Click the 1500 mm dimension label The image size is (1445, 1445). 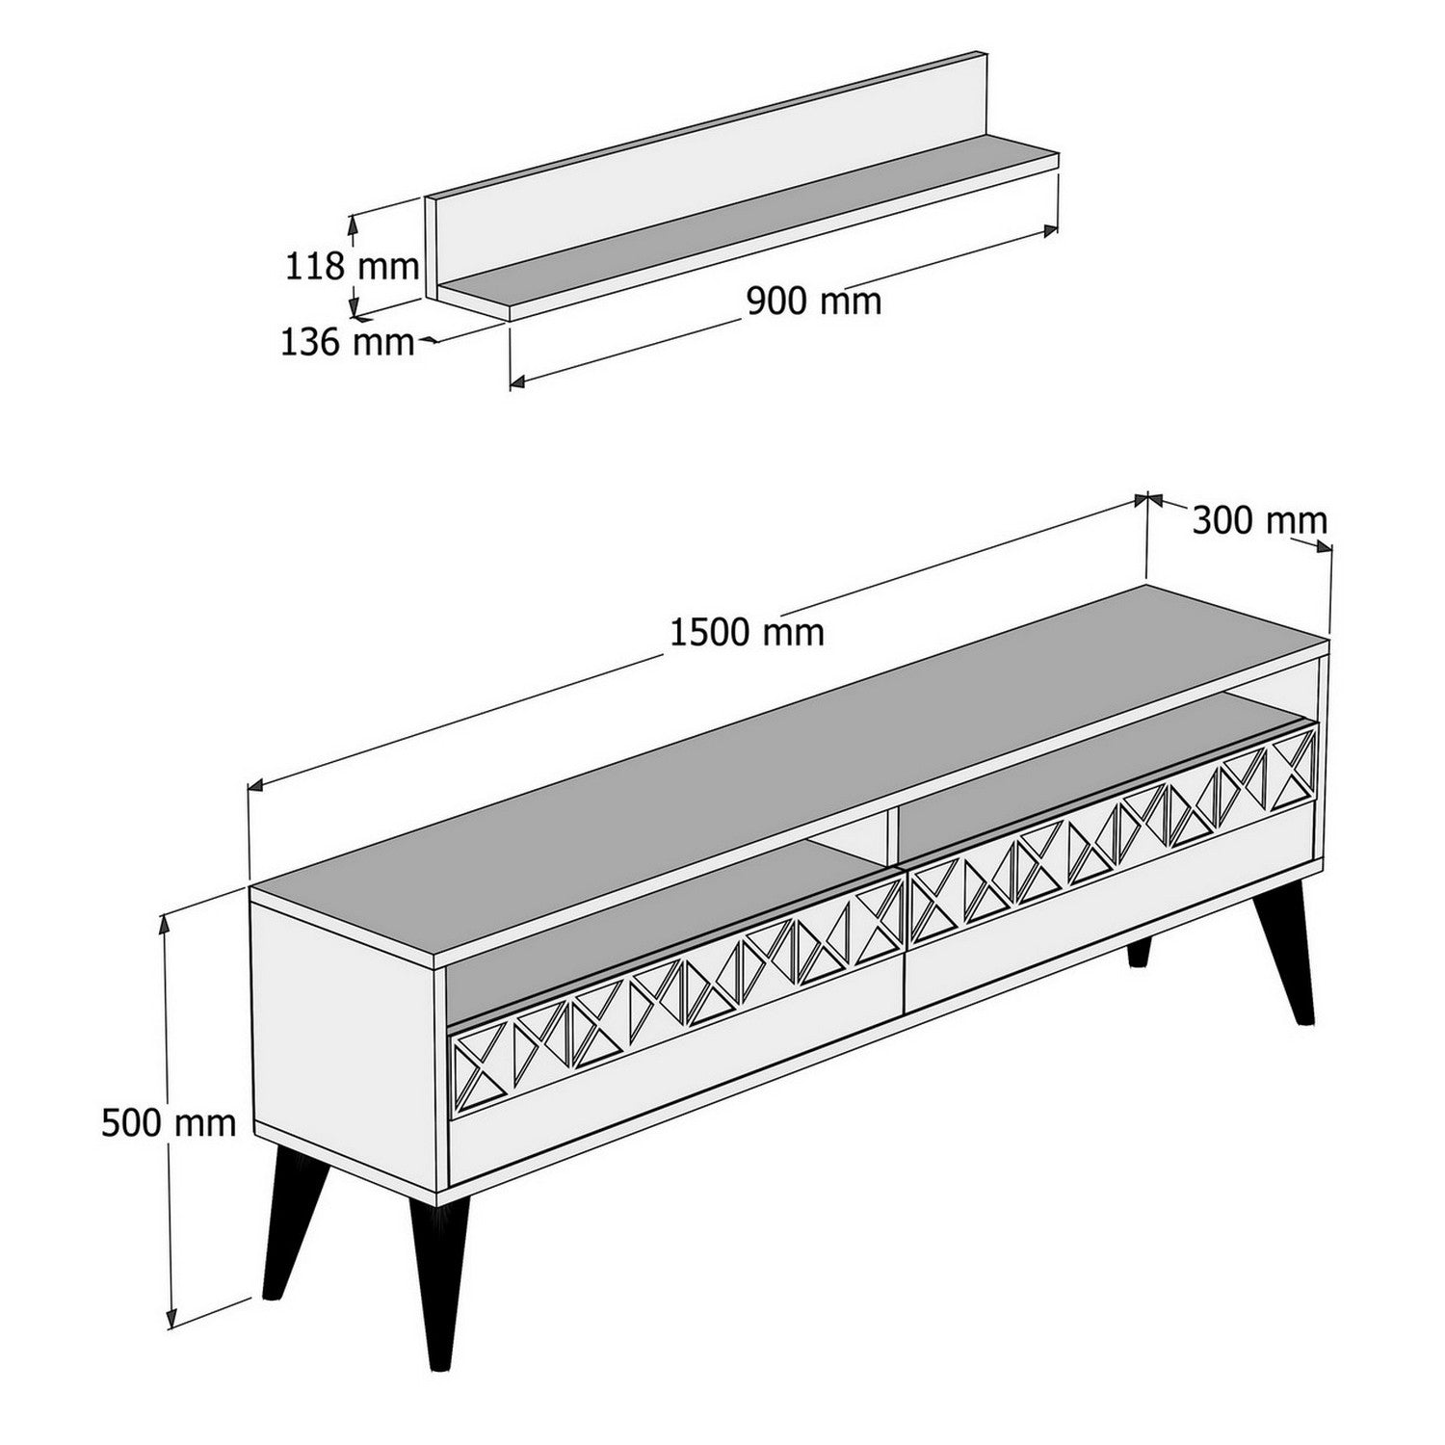(x=747, y=633)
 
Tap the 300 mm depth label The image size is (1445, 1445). (x=1259, y=521)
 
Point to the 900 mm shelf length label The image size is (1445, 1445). (x=814, y=302)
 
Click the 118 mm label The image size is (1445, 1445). (x=352, y=265)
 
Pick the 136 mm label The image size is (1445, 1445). (x=347, y=341)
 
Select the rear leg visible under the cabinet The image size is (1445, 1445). (x=1139, y=952)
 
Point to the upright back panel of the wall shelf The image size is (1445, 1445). (x=703, y=164)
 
